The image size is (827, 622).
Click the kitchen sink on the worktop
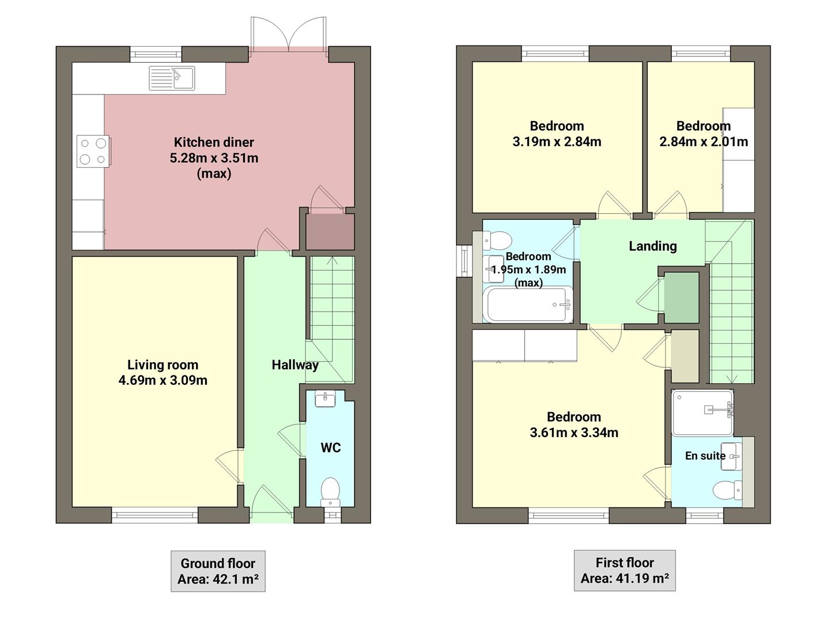pyautogui.click(x=172, y=78)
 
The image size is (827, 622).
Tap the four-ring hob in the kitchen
pyautogui.click(x=93, y=151)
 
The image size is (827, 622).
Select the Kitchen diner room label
pyautogui.click(x=214, y=142)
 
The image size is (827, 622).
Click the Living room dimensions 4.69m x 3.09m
pyautogui.click(x=163, y=380)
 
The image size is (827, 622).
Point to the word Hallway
pyautogui.click(x=294, y=365)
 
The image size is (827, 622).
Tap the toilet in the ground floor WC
pyautogui.click(x=330, y=490)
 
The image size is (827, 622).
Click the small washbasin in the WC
pyautogui.click(x=326, y=399)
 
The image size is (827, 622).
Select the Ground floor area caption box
pyautogui.click(x=218, y=571)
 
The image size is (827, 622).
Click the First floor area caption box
pyautogui.click(x=624, y=570)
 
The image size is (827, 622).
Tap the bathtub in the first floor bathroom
pyautogui.click(x=528, y=305)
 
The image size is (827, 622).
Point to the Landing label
pyautogui.click(x=652, y=246)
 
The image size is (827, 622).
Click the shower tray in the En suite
pyautogui.click(x=702, y=412)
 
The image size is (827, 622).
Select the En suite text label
pyautogui.click(x=705, y=456)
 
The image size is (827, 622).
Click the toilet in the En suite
pyautogui.click(x=727, y=491)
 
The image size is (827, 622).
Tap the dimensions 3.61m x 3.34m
pyautogui.click(x=573, y=433)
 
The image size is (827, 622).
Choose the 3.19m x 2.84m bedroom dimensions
pyautogui.click(x=557, y=142)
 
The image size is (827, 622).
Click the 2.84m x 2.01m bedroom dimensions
pyautogui.click(x=703, y=142)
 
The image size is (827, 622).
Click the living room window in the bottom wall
pyautogui.click(x=154, y=515)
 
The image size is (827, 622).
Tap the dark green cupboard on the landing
pyautogui.click(x=682, y=297)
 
